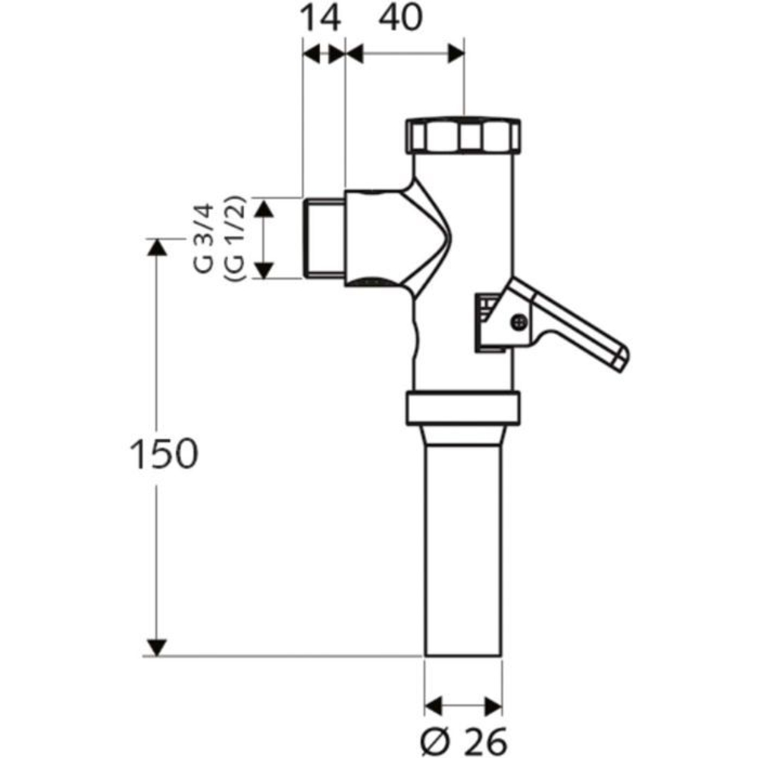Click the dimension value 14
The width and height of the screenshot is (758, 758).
321,18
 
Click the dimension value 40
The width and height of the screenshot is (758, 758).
398,18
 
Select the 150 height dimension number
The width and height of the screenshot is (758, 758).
163,453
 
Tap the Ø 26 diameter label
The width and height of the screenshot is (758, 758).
463,737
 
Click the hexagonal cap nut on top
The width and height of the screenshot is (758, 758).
463,136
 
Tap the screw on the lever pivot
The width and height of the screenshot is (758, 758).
518,321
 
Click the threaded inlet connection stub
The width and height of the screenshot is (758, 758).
324,237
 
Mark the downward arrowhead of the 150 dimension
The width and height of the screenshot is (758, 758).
156,647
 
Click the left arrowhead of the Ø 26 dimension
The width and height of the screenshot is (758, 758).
433,705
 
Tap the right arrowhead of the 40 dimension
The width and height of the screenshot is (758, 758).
455,54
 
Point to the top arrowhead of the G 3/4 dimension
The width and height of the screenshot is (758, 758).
262,208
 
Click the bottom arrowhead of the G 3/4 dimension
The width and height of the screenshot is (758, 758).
262,269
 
